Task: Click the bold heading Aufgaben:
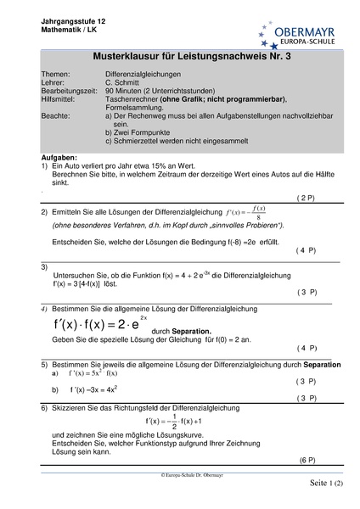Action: (59, 158)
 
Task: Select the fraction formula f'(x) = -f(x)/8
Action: (247, 212)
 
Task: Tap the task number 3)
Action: (45, 267)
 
